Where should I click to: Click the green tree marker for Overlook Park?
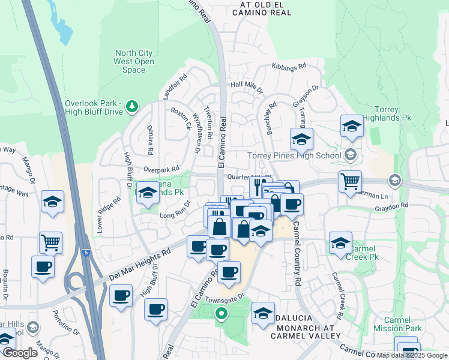132,107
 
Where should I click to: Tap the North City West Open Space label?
134,61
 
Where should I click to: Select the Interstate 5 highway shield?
88,253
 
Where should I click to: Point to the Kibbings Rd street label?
289,67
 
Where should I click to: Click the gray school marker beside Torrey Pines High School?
351,155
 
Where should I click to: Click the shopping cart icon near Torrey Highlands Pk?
351,181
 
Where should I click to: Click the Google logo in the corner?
20,353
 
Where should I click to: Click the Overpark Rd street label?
161,170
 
